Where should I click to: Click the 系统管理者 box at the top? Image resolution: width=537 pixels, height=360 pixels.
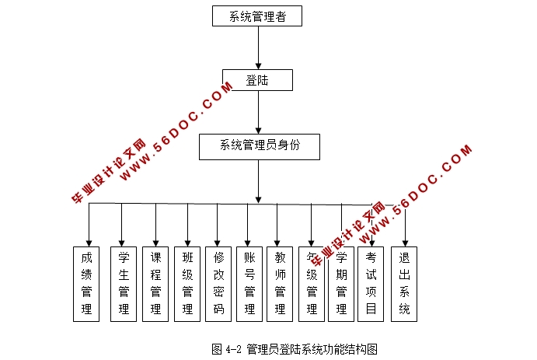pyautogui.click(x=256, y=16)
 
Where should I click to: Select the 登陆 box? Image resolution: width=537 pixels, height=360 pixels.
pyautogui.click(x=257, y=80)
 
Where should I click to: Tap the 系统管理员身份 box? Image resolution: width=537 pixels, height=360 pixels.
pyautogui.click(x=259, y=145)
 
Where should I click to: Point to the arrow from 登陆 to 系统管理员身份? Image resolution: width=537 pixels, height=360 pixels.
pyautogui.click(x=258, y=113)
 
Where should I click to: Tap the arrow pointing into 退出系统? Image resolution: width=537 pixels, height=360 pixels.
pyautogui.click(x=404, y=225)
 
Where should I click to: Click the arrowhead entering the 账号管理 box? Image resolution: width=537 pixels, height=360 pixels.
pyautogui.click(x=249, y=242)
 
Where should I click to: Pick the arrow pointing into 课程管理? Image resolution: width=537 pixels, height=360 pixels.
pyautogui.click(x=155, y=225)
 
